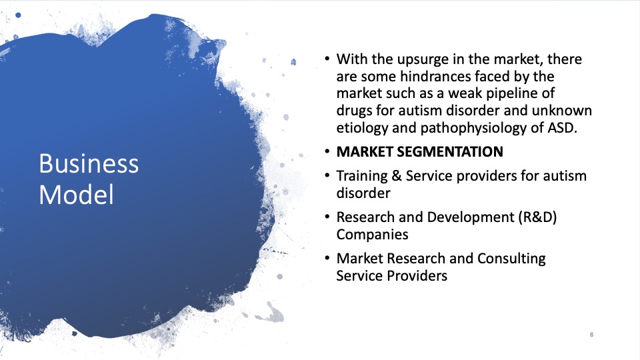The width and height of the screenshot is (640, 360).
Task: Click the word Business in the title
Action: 89,163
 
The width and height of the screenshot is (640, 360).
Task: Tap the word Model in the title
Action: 76,194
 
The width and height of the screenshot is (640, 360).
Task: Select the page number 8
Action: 591,335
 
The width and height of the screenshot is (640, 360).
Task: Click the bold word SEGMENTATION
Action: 450,152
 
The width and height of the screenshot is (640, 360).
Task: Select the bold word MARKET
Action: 365,152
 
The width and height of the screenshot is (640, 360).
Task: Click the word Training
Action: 361,176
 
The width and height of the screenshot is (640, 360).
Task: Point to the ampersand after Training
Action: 396,176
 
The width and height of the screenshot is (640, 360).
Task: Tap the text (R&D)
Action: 537,217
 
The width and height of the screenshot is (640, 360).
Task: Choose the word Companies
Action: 372,235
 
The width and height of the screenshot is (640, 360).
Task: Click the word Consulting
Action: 511,259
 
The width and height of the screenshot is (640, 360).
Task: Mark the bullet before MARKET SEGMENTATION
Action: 327,152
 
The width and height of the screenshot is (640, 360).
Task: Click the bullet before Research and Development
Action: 327,217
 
